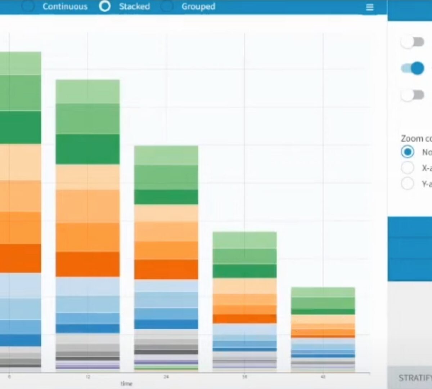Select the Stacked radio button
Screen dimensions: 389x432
105,6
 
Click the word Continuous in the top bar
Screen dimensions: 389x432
65,6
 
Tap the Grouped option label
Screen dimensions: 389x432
198,6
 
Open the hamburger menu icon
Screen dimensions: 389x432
370,7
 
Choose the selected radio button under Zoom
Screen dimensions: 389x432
408,152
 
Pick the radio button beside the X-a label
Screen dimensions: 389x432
408,167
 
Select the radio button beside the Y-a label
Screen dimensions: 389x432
408,183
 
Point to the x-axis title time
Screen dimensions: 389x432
126,384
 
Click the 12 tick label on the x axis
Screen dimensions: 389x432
88,377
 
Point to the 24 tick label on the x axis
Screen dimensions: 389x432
166,377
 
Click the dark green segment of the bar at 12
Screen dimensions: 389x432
87,149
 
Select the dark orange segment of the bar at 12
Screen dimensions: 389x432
87,264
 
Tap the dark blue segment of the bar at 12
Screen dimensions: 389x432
87,328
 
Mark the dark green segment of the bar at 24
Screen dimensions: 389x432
166,197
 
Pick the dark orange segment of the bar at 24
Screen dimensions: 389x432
166,269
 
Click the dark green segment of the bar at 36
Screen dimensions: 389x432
244,271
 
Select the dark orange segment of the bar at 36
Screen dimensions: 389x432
244,318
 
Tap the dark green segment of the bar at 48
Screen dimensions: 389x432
323,312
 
